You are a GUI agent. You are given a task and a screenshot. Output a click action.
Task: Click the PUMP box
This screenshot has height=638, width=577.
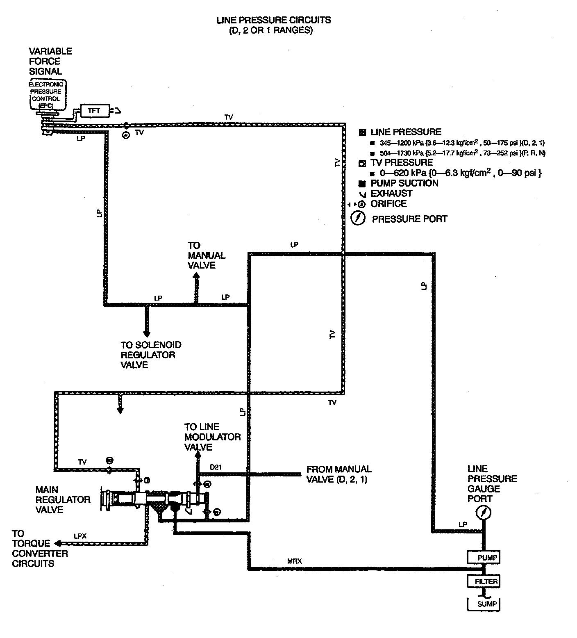[484, 557]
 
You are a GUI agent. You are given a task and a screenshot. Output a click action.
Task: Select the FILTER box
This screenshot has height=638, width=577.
[484, 581]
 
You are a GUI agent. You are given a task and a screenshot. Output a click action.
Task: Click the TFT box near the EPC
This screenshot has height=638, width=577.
[94, 111]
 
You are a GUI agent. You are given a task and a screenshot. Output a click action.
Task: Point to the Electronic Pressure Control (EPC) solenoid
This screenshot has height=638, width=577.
[46, 95]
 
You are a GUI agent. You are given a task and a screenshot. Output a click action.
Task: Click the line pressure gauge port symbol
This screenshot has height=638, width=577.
[484, 513]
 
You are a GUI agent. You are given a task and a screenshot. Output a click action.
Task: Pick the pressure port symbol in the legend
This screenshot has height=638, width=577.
[358, 218]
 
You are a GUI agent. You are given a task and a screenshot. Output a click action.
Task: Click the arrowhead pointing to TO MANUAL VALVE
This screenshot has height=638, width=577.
[196, 276]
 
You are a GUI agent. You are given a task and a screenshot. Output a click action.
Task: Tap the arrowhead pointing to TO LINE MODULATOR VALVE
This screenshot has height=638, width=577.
[198, 455]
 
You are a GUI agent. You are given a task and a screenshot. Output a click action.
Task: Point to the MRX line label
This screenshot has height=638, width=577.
[294, 561]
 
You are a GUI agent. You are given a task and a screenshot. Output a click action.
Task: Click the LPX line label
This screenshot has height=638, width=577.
[80, 535]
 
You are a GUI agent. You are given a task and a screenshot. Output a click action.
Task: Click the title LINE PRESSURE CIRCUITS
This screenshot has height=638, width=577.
[273, 20]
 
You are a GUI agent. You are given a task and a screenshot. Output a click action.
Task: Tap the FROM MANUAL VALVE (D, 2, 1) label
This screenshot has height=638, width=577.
[338, 474]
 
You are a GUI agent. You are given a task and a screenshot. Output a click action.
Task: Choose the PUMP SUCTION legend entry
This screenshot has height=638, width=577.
[404, 183]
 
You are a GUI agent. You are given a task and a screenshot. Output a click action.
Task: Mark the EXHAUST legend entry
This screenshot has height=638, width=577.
[391, 194]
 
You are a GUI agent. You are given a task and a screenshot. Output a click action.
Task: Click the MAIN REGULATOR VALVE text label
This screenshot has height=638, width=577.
[63, 499]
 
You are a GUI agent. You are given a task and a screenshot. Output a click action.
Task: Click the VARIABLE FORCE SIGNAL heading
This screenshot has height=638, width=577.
[50, 61]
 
